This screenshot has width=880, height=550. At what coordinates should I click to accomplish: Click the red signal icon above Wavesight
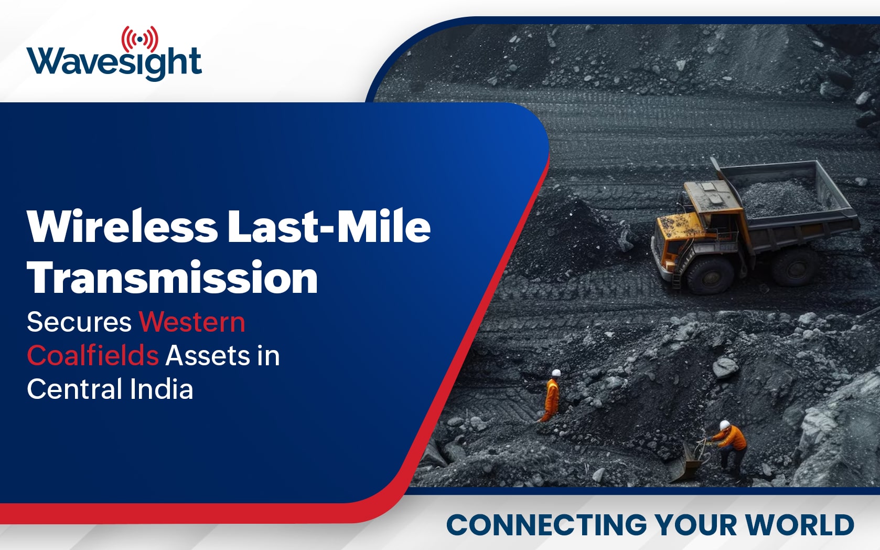[x=140, y=39]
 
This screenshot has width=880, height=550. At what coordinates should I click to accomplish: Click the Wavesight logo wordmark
[x=114, y=64]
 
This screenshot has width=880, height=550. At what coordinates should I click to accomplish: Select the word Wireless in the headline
[x=122, y=227]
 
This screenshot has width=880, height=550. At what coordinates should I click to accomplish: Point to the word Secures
[x=79, y=322]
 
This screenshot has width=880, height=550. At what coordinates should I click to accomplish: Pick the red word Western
[x=192, y=322]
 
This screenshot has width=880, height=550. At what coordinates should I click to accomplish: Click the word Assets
[x=208, y=356]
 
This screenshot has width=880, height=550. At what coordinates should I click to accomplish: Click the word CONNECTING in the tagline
[x=546, y=525]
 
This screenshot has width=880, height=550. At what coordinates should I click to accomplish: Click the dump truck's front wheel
[x=710, y=275]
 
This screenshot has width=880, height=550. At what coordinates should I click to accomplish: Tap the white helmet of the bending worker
[x=724, y=425]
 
